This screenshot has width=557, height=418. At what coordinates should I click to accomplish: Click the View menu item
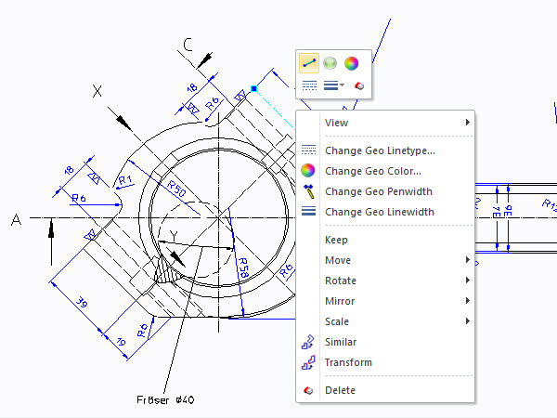click(x=336, y=123)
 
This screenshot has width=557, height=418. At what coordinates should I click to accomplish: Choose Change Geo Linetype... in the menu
click(x=380, y=150)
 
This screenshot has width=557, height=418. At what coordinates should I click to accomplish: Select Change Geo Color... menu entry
click(x=372, y=171)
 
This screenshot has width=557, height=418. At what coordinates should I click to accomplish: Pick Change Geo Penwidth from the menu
click(x=379, y=191)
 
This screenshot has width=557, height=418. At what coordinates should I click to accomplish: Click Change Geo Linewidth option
click(x=379, y=212)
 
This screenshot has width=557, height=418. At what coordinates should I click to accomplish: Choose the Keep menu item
click(x=336, y=240)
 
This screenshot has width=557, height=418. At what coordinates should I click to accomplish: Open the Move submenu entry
click(x=338, y=260)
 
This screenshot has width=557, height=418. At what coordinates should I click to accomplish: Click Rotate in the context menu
click(x=340, y=281)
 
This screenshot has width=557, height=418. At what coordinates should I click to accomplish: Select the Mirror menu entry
click(x=340, y=301)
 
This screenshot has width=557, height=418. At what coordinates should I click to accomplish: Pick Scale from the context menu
click(x=337, y=321)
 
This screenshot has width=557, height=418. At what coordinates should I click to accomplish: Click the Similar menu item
click(x=341, y=342)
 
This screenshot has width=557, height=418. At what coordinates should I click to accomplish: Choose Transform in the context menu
click(x=348, y=362)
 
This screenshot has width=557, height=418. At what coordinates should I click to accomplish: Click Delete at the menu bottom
click(x=340, y=390)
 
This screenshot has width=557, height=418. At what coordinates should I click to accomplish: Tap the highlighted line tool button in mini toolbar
click(x=309, y=63)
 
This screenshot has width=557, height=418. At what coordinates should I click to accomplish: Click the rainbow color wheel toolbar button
click(x=351, y=63)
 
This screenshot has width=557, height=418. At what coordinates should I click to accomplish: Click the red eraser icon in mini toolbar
click(x=360, y=85)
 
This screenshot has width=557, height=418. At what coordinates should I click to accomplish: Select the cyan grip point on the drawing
click(x=253, y=89)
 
